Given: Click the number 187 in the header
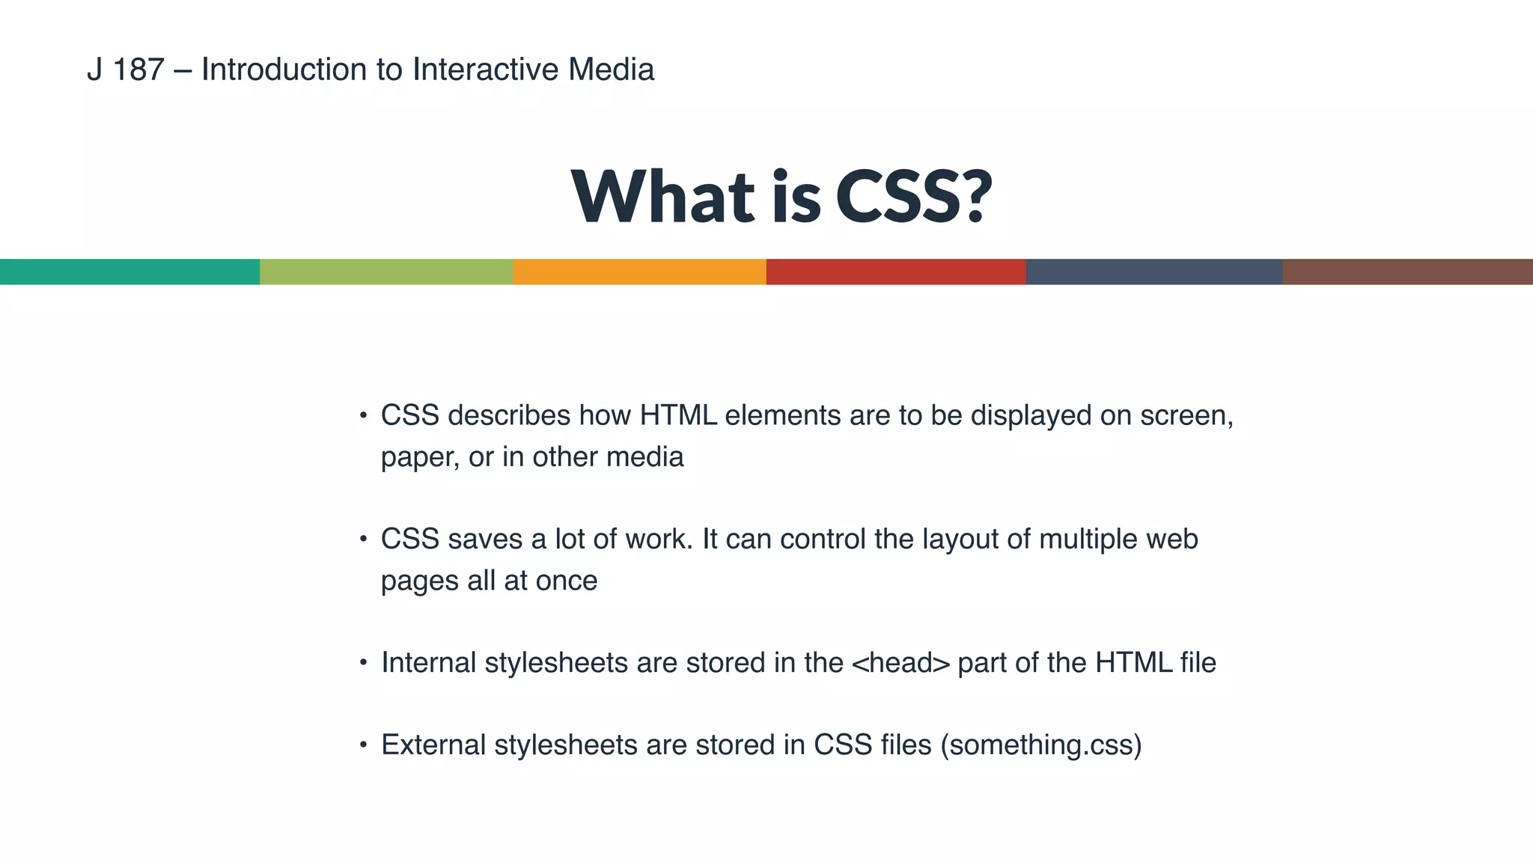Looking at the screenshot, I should (x=138, y=70).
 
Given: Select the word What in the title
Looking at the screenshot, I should (x=663, y=196).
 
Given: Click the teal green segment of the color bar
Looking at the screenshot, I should (x=129, y=272).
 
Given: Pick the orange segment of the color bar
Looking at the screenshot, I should (x=639, y=272).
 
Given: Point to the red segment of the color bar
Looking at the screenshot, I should (x=895, y=272).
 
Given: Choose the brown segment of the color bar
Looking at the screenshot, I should (x=1407, y=272).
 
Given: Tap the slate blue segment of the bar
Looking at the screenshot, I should (x=1153, y=272).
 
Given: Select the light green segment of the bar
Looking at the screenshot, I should (x=386, y=272).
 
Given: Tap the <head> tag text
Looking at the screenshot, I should (x=900, y=663).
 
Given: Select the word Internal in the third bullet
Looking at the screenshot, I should (x=428, y=663).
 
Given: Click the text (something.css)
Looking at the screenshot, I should (x=1040, y=745).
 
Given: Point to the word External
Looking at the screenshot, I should (x=433, y=745).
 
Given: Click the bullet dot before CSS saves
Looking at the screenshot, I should (x=363, y=539).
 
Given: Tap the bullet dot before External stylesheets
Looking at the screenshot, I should (x=363, y=745).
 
